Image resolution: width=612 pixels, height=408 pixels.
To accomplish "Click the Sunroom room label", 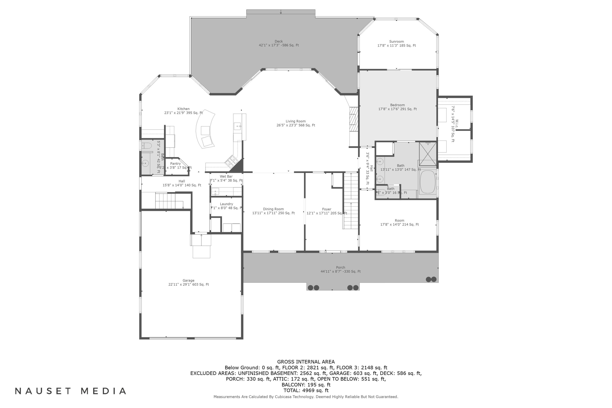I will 396,42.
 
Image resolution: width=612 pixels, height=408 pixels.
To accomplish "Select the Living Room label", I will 296,121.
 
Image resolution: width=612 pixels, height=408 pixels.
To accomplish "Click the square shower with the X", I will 428,154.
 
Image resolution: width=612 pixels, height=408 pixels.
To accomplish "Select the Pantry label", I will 175,164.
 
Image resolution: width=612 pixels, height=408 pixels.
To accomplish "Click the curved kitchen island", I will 206,130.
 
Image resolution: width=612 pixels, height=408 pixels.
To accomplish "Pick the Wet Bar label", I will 226,176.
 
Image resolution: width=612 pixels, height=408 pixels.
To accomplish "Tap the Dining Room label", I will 273,209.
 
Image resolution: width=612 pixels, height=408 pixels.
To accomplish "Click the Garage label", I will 188,280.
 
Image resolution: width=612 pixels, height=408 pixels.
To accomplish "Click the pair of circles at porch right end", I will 431,279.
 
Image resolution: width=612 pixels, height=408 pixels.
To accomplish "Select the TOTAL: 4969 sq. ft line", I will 306,390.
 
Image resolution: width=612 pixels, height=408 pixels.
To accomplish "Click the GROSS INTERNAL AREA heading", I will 306,362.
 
